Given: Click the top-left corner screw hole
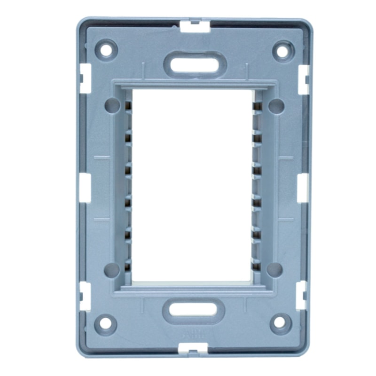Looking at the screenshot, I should click(x=106, y=49).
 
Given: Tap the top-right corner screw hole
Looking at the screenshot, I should click(x=283, y=50).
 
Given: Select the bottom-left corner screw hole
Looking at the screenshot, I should click(x=105, y=323).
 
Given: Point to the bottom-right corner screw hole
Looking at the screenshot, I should click(x=279, y=322).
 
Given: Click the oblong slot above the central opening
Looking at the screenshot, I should click(x=195, y=65).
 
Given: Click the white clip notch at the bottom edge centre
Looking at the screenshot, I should click(x=193, y=348).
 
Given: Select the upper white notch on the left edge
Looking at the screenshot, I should click(x=85, y=78).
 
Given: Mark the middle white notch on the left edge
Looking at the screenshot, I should click(x=85, y=188).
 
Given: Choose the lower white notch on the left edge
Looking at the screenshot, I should click(x=85, y=296).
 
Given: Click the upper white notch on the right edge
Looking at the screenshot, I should click(x=304, y=79).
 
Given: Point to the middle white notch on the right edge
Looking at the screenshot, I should click(x=303, y=188).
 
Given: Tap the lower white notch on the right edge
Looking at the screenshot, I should click(x=301, y=295).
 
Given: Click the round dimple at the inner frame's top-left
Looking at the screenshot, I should click(x=112, y=105).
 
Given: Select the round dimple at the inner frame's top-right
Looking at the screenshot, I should click(x=276, y=106).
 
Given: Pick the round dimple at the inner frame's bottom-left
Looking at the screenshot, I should click(x=112, y=269).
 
